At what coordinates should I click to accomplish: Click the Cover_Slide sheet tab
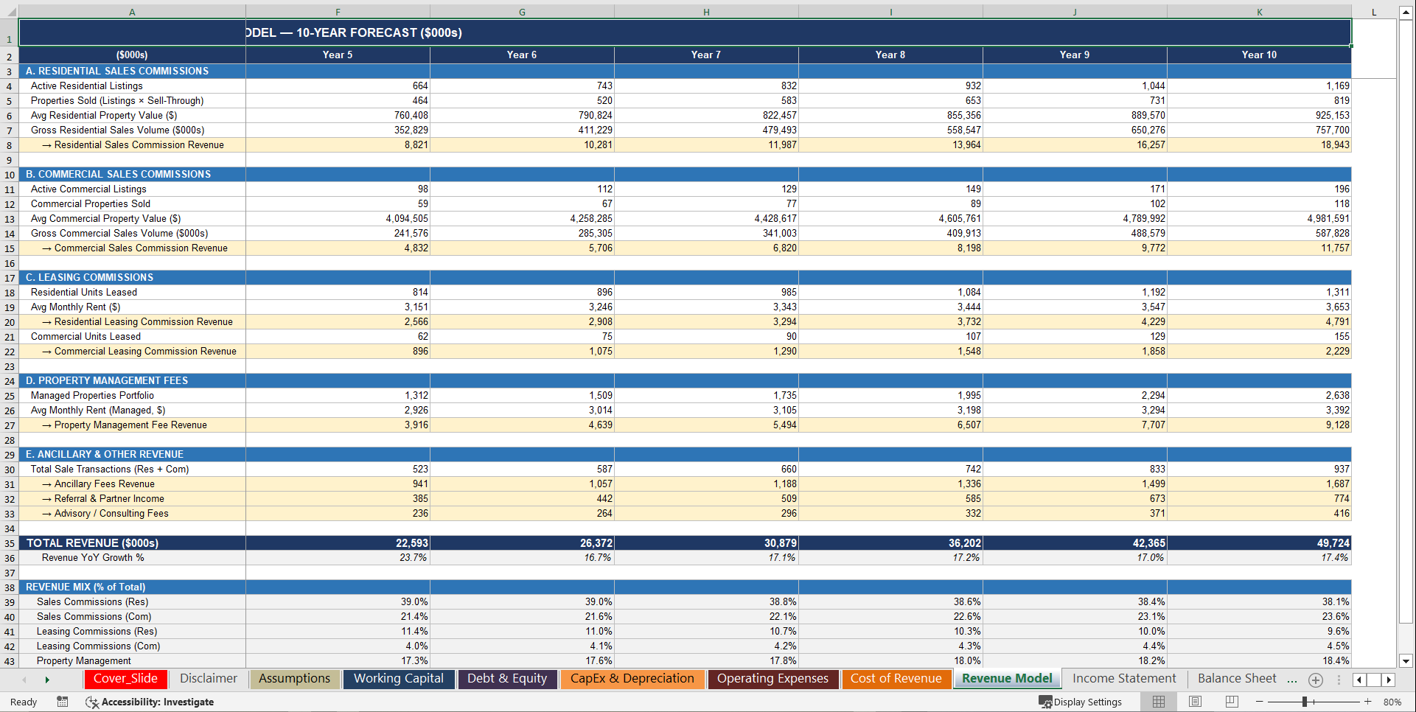click(125, 679)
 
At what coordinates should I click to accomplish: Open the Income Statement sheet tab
click(1124, 679)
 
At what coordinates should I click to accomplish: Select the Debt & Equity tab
click(507, 679)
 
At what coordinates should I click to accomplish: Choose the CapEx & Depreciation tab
click(632, 679)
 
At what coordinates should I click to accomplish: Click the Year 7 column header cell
click(705, 55)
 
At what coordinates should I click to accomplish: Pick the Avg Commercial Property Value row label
click(105, 219)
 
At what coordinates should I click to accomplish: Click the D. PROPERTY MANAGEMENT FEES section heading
click(107, 381)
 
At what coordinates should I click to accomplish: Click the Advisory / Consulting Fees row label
click(111, 514)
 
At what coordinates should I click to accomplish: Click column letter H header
click(706, 12)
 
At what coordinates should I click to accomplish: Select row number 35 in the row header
click(10, 543)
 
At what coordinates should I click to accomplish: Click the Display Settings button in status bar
click(1081, 702)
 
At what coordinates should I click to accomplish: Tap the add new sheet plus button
click(1316, 680)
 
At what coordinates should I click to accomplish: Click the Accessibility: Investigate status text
click(150, 702)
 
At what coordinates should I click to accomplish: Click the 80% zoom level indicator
click(1392, 702)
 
